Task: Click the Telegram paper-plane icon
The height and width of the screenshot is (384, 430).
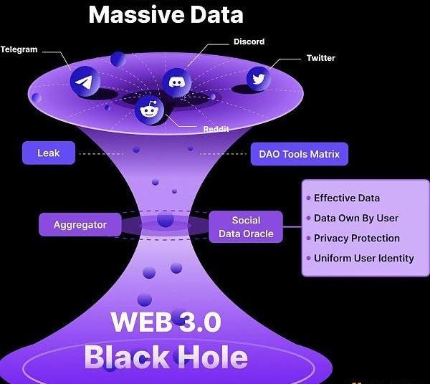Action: click(84, 82)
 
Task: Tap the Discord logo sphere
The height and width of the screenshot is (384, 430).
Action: click(177, 82)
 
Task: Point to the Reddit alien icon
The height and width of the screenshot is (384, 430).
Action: click(150, 109)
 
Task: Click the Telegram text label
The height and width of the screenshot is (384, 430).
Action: click(19, 49)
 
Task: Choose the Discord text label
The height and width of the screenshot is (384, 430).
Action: click(249, 42)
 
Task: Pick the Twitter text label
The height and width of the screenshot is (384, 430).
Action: click(320, 58)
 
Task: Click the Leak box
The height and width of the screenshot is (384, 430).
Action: click(49, 153)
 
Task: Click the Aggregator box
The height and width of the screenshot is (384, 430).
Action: click(80, 225)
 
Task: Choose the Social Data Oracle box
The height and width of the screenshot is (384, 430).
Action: click(246, 226)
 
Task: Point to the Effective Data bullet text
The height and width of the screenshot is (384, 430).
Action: click(347, 198)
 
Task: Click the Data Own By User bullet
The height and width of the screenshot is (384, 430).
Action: click(356, 218)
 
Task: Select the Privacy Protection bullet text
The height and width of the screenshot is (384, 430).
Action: click(357, 238)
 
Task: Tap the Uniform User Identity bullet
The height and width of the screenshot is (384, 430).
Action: click(364, 258)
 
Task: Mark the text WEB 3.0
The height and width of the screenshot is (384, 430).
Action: click(166, 322)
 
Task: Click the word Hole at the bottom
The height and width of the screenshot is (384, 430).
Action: click(214, 357)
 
